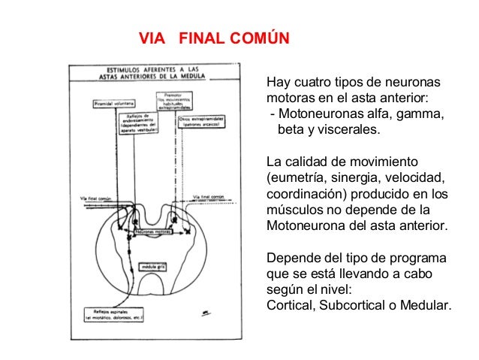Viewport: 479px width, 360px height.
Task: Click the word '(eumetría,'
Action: point(299,178)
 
